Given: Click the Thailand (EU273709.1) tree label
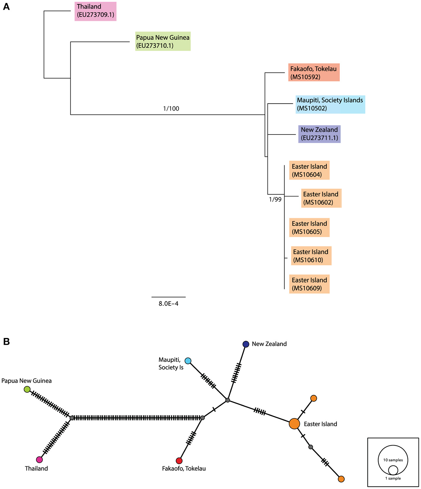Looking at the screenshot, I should click(x=95, y=11).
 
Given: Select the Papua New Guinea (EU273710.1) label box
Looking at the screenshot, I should click(x=163, y=41).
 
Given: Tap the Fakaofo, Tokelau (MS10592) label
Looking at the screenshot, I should click(x=313, y=72).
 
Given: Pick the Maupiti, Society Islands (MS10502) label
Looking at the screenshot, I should click(x=330, y=104).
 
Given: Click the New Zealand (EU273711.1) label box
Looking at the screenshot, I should click(x=319, y=134).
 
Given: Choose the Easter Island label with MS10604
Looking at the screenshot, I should click(x=309, y=170).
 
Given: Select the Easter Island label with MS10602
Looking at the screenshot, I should click(x=321, y=198).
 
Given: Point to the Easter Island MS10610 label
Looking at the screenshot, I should click(x=311, y=256).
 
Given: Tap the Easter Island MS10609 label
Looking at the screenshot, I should click(x=309, y=284).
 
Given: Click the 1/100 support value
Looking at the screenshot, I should click(x=171, y=109).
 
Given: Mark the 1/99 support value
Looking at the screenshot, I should click(x=275, y=200).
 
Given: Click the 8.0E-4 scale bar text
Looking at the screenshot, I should click(x=169, y=304).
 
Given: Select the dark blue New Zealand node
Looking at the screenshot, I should click(x=246, y=344).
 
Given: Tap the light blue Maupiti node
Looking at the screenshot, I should click(x=188, y=361).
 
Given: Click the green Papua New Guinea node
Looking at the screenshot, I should click(x=27, y=389).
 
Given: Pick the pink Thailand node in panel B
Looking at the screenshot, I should click(x=39, y=459).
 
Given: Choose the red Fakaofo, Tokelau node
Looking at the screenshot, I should click(x=179, y=460).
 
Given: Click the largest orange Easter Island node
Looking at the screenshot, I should click(x=294, y=424).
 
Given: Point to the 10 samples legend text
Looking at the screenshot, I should click(x=393, y=460).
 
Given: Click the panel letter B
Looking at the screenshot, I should click(x=6, y=342).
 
